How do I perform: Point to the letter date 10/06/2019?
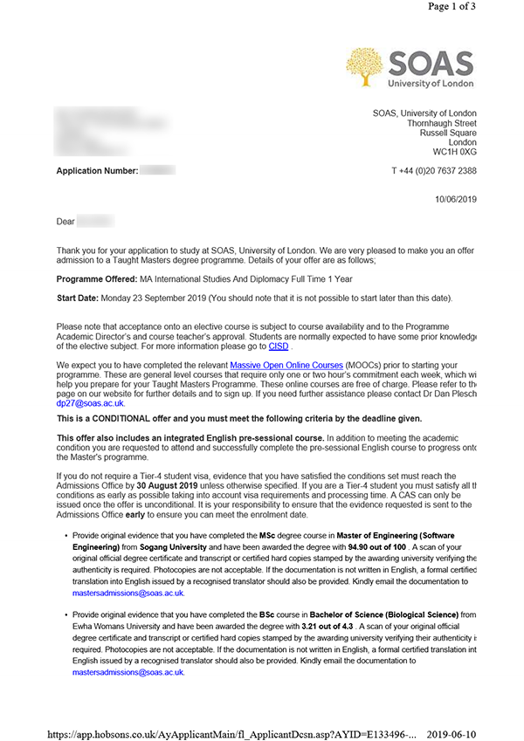[x=455, y=199]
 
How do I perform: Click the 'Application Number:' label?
[x=97, y=171]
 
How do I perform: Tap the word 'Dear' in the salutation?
[x=66, y=223]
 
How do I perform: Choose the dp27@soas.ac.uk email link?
[x=90, y=403]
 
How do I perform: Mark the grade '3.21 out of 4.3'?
[x=355, y=627]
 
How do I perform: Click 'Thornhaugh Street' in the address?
[x=441, y=124]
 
